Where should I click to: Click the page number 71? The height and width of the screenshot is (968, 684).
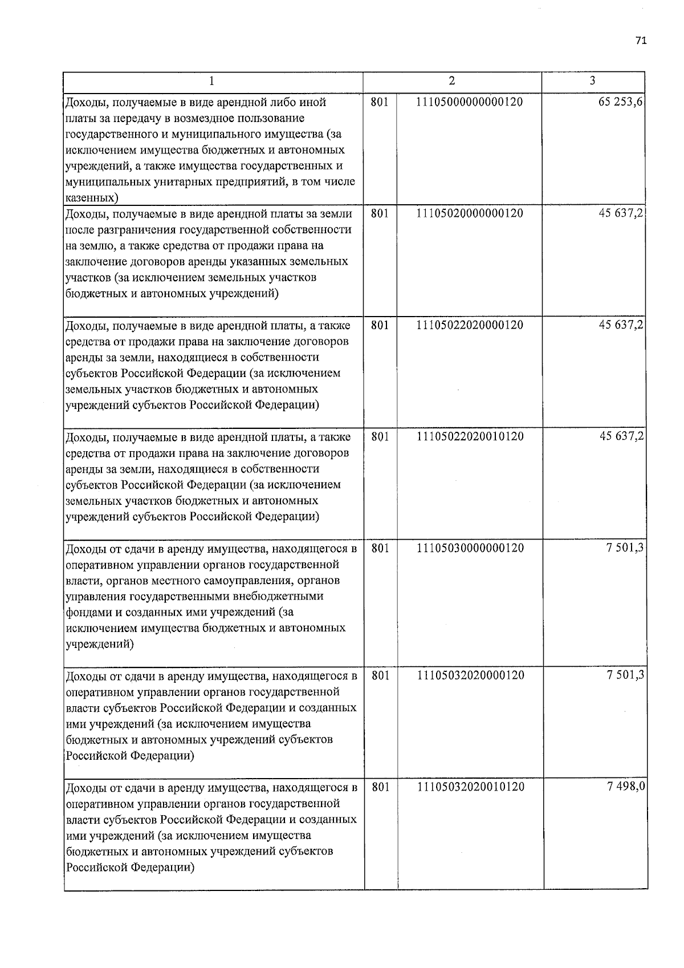coord(641,40)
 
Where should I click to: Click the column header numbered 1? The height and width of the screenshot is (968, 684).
coord(211,82)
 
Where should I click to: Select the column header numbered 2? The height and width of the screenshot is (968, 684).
coord(452,81)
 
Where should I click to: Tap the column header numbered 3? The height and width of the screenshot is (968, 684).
coord(593,81)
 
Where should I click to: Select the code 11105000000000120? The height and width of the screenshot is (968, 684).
coord(470,102)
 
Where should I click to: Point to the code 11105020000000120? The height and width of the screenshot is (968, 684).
coord(470,213)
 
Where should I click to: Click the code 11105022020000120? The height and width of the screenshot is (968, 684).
coord(470,325)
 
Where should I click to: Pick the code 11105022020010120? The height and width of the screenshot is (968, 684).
coord(470,436)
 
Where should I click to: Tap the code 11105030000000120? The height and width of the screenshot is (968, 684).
coord(471,548)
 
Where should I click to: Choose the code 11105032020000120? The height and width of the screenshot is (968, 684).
coord(471,675)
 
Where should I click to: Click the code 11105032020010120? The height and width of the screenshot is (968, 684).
coord(471,787)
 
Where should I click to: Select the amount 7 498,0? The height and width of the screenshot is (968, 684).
coord(626,787)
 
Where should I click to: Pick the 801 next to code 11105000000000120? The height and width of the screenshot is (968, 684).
coord(380,102)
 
